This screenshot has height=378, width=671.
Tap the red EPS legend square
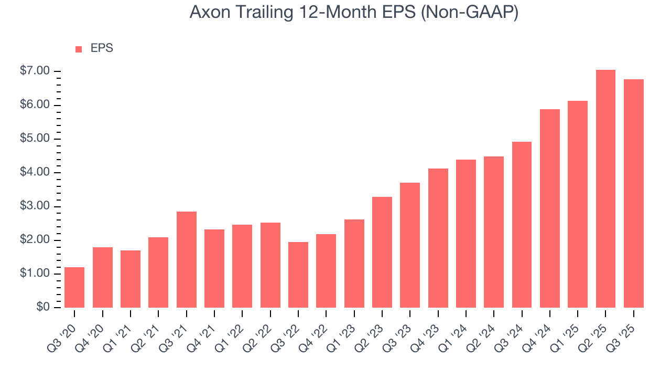click(79, 49)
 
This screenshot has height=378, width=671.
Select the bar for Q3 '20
click(74, 288)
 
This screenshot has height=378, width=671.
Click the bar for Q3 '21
click(186, 260)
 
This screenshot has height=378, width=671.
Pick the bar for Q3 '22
click(298, 275)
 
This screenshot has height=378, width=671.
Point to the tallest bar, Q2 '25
click(605, 189)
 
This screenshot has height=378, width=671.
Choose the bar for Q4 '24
click(550, 208)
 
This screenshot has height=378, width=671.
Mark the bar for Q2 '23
click(382, 253)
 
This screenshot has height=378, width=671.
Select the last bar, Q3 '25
click(634, 194)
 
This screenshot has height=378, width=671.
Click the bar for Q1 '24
click(466, 234)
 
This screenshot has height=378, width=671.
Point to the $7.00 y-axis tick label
click(35, 71)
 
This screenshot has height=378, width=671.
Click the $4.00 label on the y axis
click(35, 173)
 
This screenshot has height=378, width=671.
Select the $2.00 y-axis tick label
click(35, 240)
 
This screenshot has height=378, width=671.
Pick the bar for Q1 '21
click(131, 279)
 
